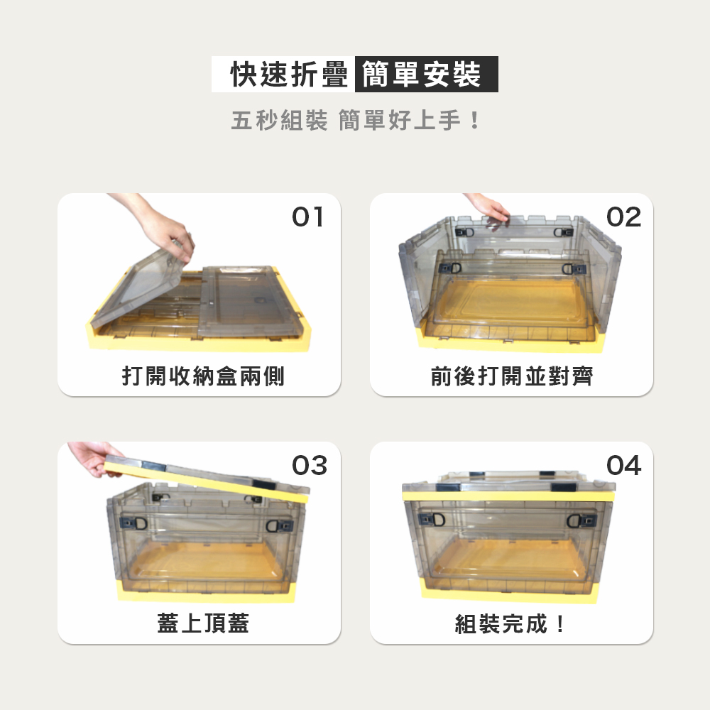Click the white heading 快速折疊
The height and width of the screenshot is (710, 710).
[290, 75]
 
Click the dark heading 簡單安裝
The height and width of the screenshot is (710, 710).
[421, 75]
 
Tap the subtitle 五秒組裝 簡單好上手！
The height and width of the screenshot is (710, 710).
[356, 121]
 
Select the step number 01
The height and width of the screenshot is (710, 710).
[308, 217]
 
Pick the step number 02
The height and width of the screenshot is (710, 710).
[623, 217]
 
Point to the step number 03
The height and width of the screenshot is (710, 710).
[310, 465]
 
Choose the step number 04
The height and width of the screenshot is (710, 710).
[623, 465]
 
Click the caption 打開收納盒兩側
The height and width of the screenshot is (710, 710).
[203, 376]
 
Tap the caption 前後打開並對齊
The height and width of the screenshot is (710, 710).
[512, 376]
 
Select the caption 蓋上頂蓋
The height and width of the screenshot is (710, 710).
[203, 623]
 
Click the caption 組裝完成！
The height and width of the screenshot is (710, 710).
[510, 623]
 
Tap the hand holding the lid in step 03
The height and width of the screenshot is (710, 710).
[93, 458]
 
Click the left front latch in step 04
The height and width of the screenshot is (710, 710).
[432, 520]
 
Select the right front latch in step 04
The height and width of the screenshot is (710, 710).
[582, 520]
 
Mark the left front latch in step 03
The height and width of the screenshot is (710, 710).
[133, 523]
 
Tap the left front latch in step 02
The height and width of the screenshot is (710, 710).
[451, 268]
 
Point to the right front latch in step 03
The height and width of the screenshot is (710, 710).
[279, 525]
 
